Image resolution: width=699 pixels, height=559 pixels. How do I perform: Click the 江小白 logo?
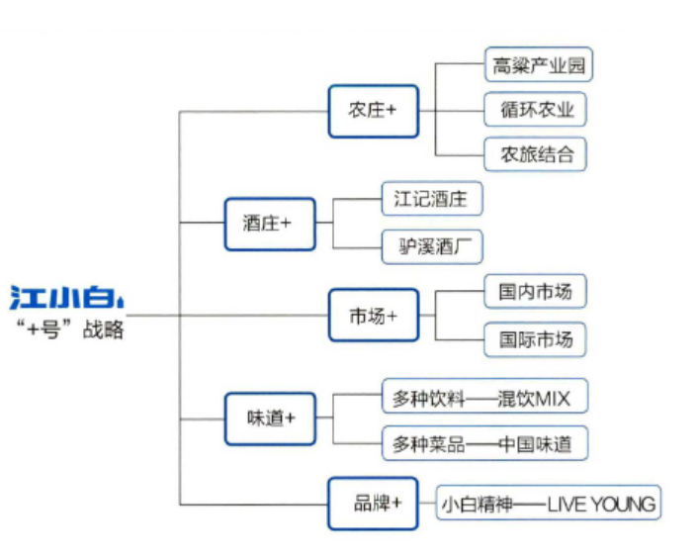[68, 298]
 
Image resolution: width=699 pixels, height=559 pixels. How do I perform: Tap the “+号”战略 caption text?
[68, 329]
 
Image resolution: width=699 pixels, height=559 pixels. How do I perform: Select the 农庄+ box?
[372, 111]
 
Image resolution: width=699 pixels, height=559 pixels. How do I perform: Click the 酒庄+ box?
[268, 223]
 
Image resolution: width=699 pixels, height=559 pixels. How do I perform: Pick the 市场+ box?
[373, 316]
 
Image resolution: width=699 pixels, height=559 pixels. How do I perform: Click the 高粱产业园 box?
[538, 67]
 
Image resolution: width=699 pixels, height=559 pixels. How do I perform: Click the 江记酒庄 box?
[432, 199]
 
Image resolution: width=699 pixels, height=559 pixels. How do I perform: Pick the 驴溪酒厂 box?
[432, 246]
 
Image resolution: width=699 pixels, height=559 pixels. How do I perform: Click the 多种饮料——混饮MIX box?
[484, 399]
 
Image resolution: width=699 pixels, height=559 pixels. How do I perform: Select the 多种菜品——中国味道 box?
[484, 443]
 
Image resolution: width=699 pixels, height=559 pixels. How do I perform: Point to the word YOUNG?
[623, 505]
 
